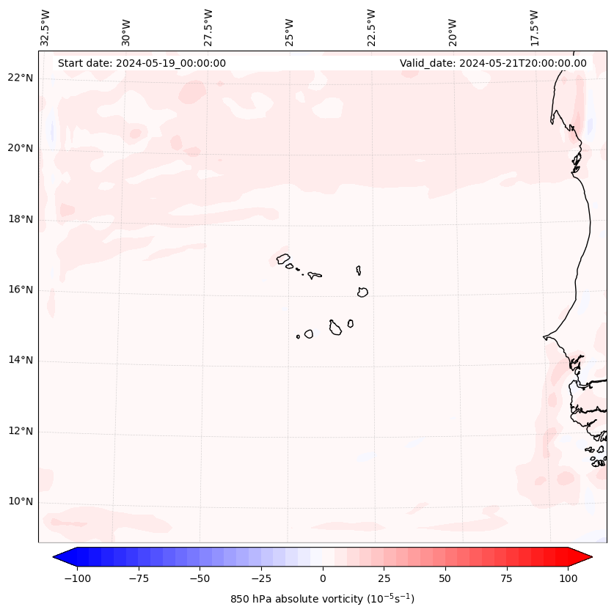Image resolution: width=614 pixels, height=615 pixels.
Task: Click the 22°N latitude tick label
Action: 21,78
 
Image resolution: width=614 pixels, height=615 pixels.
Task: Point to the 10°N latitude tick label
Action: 21,502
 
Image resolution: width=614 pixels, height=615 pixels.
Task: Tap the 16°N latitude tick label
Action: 21,290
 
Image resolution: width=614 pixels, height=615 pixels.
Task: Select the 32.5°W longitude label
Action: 45,28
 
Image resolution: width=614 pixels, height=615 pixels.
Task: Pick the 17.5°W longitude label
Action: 534,28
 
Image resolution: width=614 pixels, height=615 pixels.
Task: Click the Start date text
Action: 142,63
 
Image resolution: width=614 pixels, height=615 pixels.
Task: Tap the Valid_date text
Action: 493,63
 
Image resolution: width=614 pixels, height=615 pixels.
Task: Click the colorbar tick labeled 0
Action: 323,578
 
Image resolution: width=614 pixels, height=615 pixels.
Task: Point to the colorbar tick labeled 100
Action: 568,578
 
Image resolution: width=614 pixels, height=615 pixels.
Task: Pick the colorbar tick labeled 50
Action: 445,578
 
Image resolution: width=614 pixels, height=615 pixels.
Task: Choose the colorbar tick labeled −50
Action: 200,578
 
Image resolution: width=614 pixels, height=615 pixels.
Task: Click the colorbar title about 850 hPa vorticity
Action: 323,599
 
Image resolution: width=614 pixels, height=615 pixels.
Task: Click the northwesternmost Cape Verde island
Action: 283,258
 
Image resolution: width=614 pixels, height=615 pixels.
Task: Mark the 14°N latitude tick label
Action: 21,361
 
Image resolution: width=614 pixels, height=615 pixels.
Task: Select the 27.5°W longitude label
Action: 208,28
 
